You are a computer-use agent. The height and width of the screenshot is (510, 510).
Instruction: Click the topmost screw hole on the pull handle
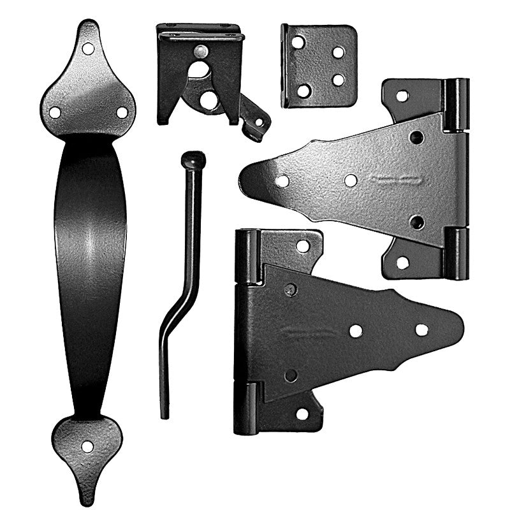[x=88, y=48]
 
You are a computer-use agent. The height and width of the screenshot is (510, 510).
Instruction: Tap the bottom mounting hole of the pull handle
[x=87, y=446]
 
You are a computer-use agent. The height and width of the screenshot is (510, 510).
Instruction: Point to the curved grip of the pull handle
[x=89, y=268]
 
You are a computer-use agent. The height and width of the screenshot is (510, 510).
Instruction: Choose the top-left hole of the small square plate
[x=298, y=43]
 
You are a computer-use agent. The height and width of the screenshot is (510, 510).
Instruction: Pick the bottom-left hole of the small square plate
[x=303, y=90]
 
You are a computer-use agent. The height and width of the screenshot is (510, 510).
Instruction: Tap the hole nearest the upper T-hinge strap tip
[x=282, y=181]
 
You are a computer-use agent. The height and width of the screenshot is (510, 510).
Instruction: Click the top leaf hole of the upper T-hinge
[x=402, y=96]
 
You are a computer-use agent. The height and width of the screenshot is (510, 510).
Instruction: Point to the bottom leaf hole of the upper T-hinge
[x=402, y=262]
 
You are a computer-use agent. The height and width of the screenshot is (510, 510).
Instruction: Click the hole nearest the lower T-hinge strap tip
[x=421, y=330]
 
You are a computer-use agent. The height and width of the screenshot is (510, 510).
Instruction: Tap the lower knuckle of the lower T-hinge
[x=246, y=408]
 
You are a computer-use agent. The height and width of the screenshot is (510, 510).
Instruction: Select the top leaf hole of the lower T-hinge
[x=303, y=245]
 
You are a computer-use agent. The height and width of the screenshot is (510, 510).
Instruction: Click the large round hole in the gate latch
[x=208, y=99]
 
